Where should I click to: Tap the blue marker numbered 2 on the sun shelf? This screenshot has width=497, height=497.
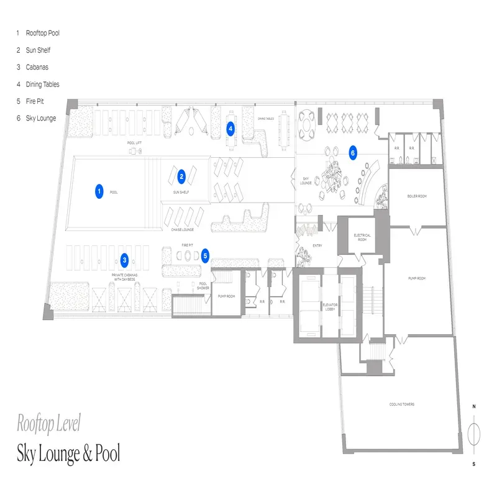click(x=181, y=176)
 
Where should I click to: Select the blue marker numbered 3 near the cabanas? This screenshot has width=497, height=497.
click(x=125, y=260)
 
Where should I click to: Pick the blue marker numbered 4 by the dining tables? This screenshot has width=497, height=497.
click(x=230, y=129)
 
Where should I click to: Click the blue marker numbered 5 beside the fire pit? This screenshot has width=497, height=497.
click(x=206, y=254)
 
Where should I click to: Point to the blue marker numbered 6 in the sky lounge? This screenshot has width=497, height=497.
click(x=352, y=152)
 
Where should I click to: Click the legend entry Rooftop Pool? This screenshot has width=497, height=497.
click(x=42, y=33)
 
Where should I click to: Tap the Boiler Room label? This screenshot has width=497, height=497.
click(x=417, y=196)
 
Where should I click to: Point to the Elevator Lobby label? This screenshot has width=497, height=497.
click(x=329, y=307)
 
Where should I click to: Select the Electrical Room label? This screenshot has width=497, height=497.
click(x=362, y=237)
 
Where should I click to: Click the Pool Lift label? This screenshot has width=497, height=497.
click(x=135, y=142)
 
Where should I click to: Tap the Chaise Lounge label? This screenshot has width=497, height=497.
click(x=183, y=229)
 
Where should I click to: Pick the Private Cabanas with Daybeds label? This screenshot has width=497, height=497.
click(x=129, y=275)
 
